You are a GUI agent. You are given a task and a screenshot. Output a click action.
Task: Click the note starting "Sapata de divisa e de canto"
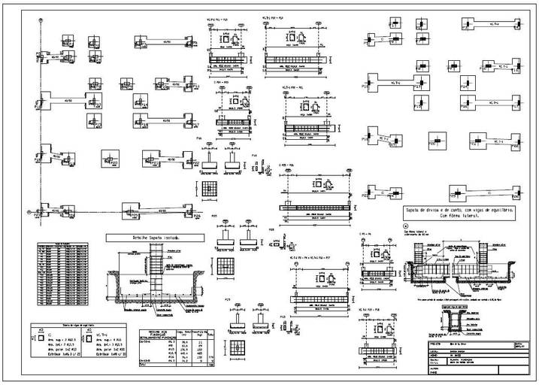coord(459,214)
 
